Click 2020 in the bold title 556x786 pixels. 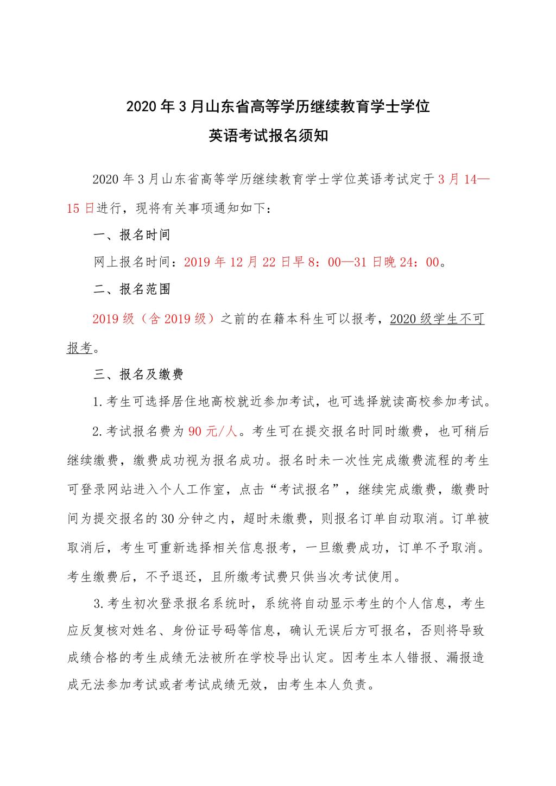141,107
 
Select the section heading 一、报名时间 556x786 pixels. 132,234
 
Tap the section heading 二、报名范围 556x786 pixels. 132,289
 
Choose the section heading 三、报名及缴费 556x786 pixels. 138,374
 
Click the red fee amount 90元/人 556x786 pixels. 213,432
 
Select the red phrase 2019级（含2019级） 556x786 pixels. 156,319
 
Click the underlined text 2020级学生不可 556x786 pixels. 437,319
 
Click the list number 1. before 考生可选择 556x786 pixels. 98,403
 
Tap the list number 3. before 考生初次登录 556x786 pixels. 98,603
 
